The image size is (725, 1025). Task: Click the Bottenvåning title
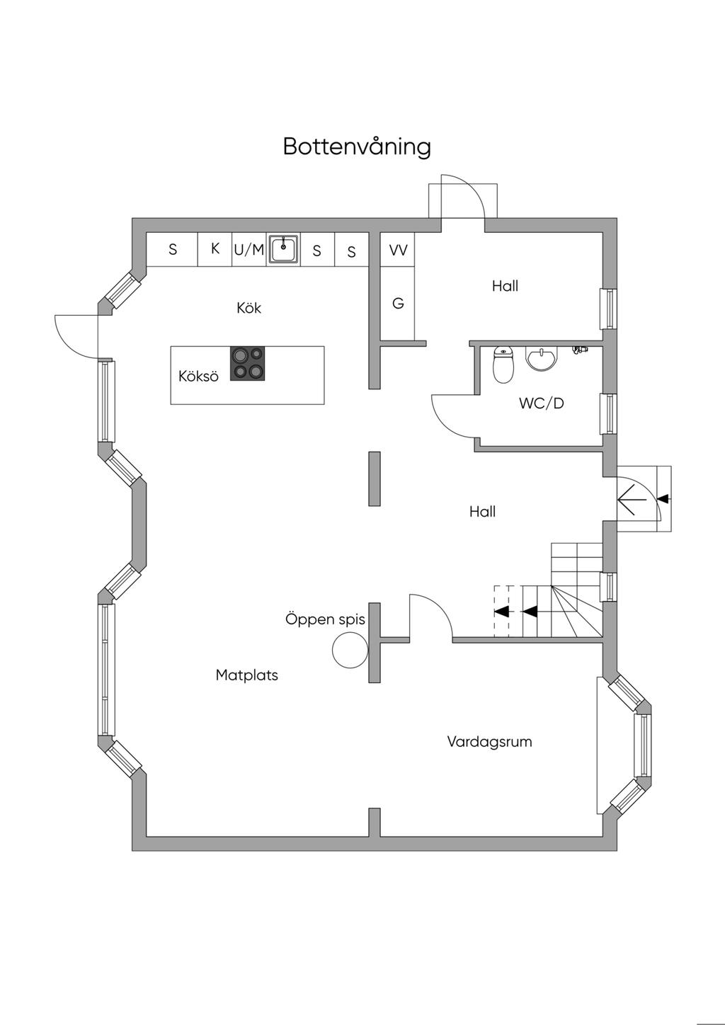[357, 146]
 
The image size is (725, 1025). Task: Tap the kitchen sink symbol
[284, 249]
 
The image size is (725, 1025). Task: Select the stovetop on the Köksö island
[247, 363]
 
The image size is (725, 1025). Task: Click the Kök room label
[249, 308]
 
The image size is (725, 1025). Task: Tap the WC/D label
[542, 403]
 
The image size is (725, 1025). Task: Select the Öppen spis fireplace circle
[350, 650]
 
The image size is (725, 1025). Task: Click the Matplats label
[247, 675]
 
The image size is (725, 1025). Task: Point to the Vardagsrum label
[489, 742]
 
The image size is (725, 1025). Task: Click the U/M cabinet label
[249, 249]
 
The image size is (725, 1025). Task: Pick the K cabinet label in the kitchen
[215, 248]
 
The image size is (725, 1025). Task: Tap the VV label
[398, 250]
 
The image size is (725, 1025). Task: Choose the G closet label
[398, 303]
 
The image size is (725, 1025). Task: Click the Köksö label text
[198, 376]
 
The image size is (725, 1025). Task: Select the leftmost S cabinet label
[173, 250]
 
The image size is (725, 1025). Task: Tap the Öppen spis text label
[326, 619]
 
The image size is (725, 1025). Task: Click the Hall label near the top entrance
[506, 286]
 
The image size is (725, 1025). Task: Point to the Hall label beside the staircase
[482, 511]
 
